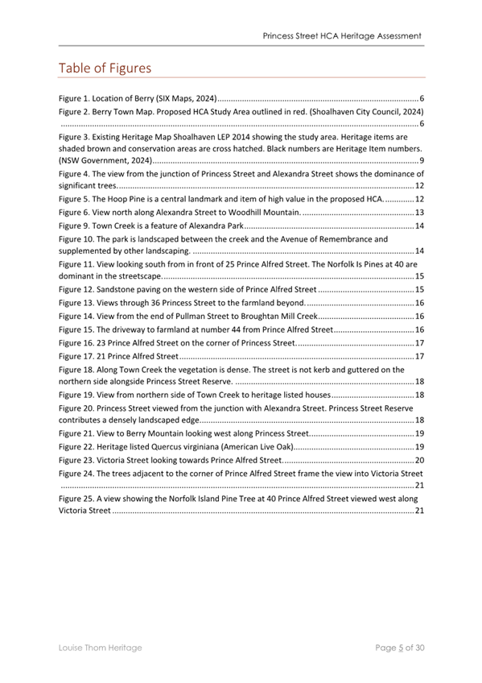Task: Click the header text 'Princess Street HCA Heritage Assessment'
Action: coord(342,36)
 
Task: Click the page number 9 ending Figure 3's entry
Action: coord(422,162)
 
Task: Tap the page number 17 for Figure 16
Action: coord(419,342)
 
